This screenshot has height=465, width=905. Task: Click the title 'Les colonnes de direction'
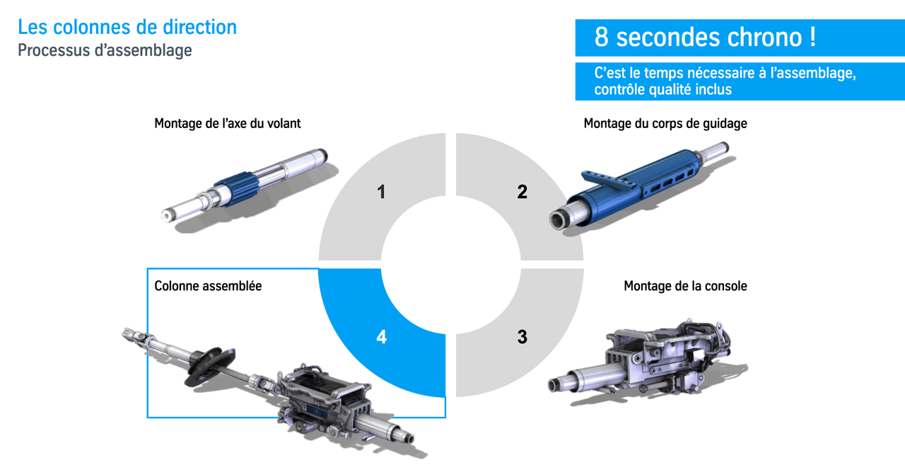(x=127, y=28)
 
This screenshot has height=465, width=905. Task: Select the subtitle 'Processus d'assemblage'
(x=105, y=50)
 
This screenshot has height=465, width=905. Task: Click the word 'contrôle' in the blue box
(x=619, y=89)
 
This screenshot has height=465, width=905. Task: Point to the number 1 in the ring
(x=381, y=192)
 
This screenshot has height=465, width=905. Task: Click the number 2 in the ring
(x=522, y=192)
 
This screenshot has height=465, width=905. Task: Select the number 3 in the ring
(x=522, y=337)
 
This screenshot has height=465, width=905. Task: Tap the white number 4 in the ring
(x=381, y=337)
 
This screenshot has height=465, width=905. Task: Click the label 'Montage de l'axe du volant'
(x=228, y=123)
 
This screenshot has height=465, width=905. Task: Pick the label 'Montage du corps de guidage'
(x=665, y=123)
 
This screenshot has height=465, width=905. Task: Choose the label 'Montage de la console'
(x=685, y=286)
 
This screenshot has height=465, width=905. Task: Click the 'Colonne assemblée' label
(x=208, y=286)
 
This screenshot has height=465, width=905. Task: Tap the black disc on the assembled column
(x=210, y=367)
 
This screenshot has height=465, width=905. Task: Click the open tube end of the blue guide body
(x=558, y=221)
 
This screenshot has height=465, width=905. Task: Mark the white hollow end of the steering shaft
(x=166, y=216)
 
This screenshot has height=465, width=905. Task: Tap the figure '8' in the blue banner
(x=601, y=38)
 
